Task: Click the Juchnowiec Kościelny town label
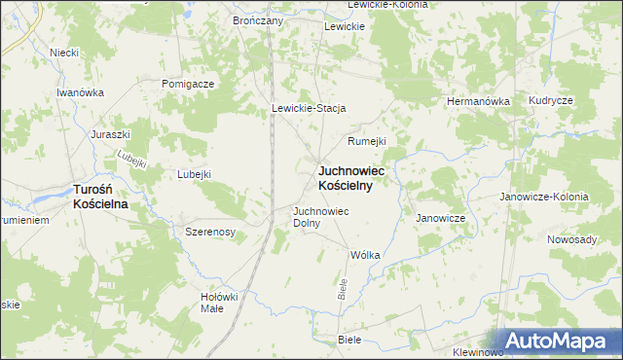[x=351, y=178]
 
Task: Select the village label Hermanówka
[x=478, y=100]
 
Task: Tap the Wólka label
[x=364, y=255]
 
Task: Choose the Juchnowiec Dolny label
[x=320, y=216]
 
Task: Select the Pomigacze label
[x=188, y=84]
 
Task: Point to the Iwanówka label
[x=80, y=91]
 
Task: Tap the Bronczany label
[x=257, y=20]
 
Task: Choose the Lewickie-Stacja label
[x=309, y=108]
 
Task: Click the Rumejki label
[x=367, y=140]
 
